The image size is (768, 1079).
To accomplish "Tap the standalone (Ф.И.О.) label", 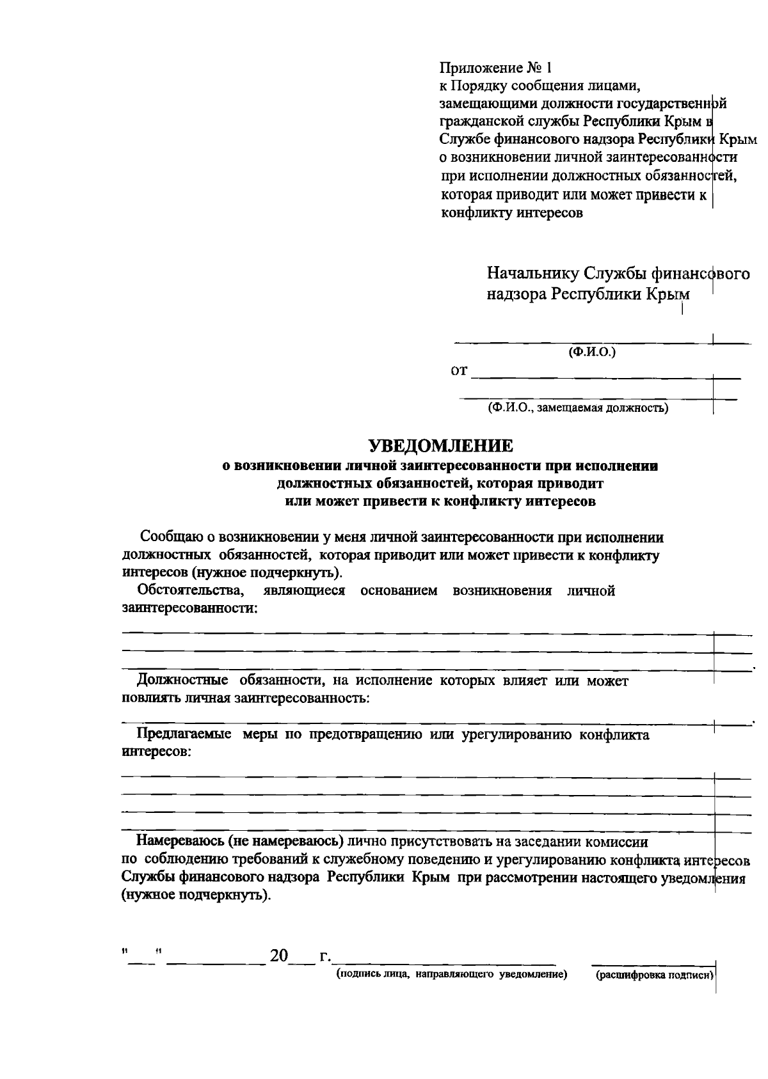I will pos(592,352).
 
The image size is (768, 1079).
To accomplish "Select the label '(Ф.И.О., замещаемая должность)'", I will pos(578,407).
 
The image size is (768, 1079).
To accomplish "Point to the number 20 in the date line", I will pos(280,956).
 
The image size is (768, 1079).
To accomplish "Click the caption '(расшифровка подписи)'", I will pos(654,975).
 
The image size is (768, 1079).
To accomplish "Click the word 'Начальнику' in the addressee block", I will pos(532,274).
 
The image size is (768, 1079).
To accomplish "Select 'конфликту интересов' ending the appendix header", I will pos(512,213).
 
